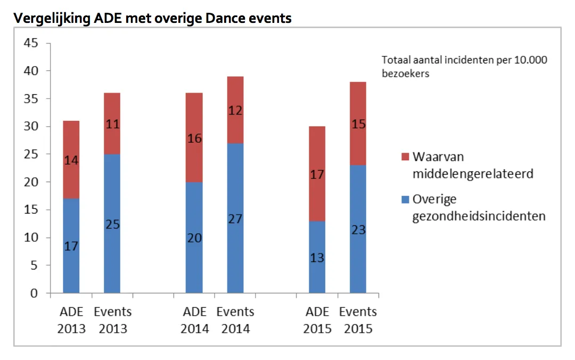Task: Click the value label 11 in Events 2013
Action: pos(112,125)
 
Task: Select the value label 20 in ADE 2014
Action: pos(194,238)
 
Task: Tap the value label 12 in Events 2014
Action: pos(235,110)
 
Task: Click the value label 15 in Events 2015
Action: pos(358,124)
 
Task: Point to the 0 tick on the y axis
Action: pos(34,293)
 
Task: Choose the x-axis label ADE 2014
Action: pos(194,320)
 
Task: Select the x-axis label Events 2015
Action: pos(358,320)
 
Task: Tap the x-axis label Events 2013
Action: pos(112,320)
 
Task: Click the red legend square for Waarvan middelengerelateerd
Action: pos(404,157)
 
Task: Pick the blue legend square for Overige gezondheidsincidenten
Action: pos(404,200)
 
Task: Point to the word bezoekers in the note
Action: pos(405,74)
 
